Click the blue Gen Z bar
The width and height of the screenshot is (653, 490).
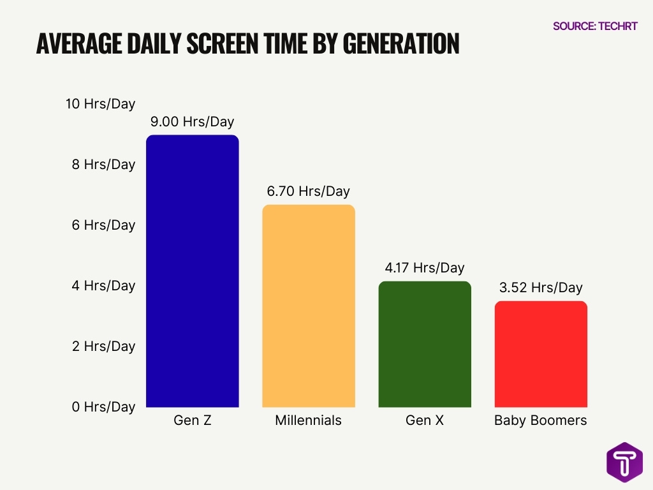(192, 271)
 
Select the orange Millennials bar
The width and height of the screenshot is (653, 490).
(308, 306)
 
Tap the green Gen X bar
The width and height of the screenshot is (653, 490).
(424, 344)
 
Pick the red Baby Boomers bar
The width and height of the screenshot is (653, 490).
(541, 354)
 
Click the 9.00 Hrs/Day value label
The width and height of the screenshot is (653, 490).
(192, 122)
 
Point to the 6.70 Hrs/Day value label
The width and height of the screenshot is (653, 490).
(308, 191)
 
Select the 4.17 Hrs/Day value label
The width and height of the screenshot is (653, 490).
(424, 268)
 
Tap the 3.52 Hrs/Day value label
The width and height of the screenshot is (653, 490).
(541, 288)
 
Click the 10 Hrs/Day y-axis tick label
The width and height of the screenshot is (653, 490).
(101, 104)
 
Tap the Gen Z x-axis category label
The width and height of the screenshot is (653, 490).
(192, 421)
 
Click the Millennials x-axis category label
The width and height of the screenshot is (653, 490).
(308, 421)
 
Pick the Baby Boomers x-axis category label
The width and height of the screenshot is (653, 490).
(541, 421)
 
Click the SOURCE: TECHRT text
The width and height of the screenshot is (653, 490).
(595, 27)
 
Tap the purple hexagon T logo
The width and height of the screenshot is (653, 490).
(624, 463)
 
